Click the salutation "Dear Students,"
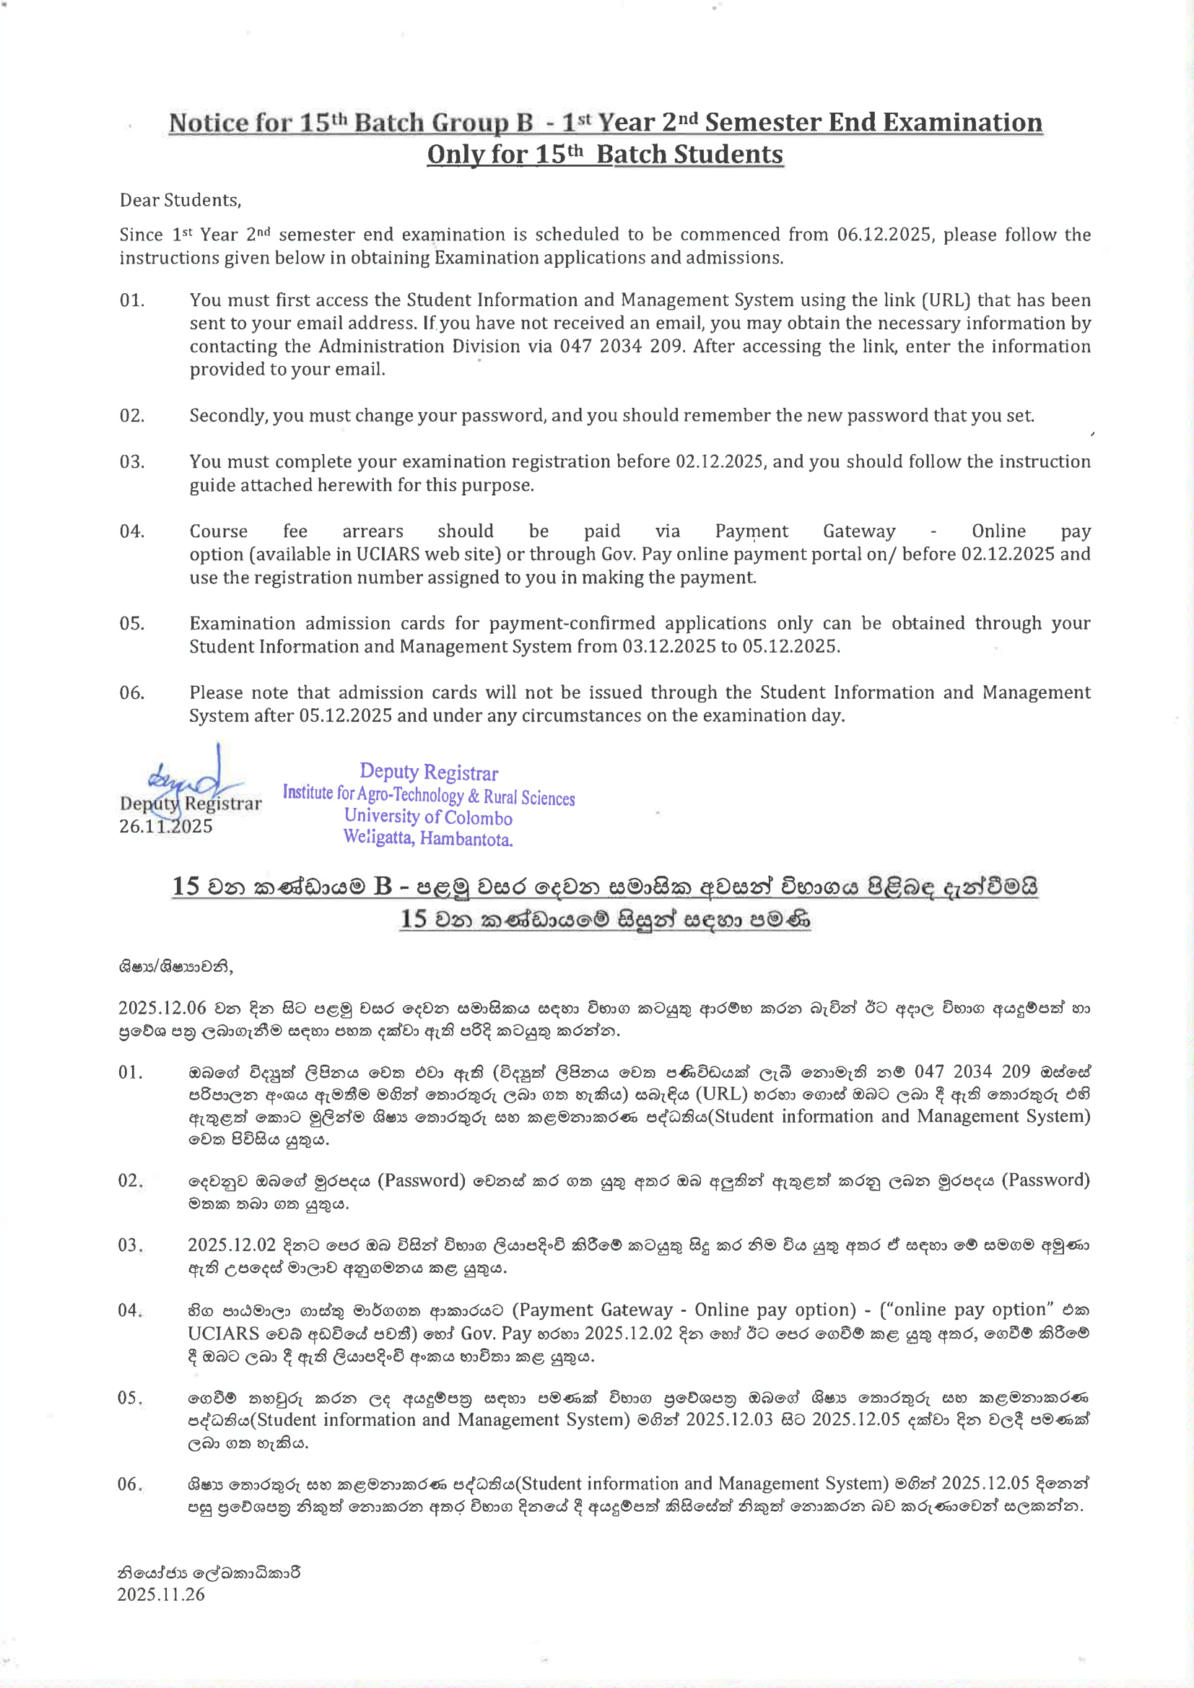coord(180,200)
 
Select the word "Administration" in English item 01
coord(382,347)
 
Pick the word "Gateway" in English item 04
coord(859,531)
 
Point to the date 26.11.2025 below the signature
coord(165,827)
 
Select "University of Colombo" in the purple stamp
coord(428,817)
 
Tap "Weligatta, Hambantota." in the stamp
coord(428,838)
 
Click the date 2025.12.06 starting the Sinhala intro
coord(162,1007)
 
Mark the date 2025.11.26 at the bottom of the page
coord(161,1594)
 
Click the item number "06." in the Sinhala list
coord(130,1484)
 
